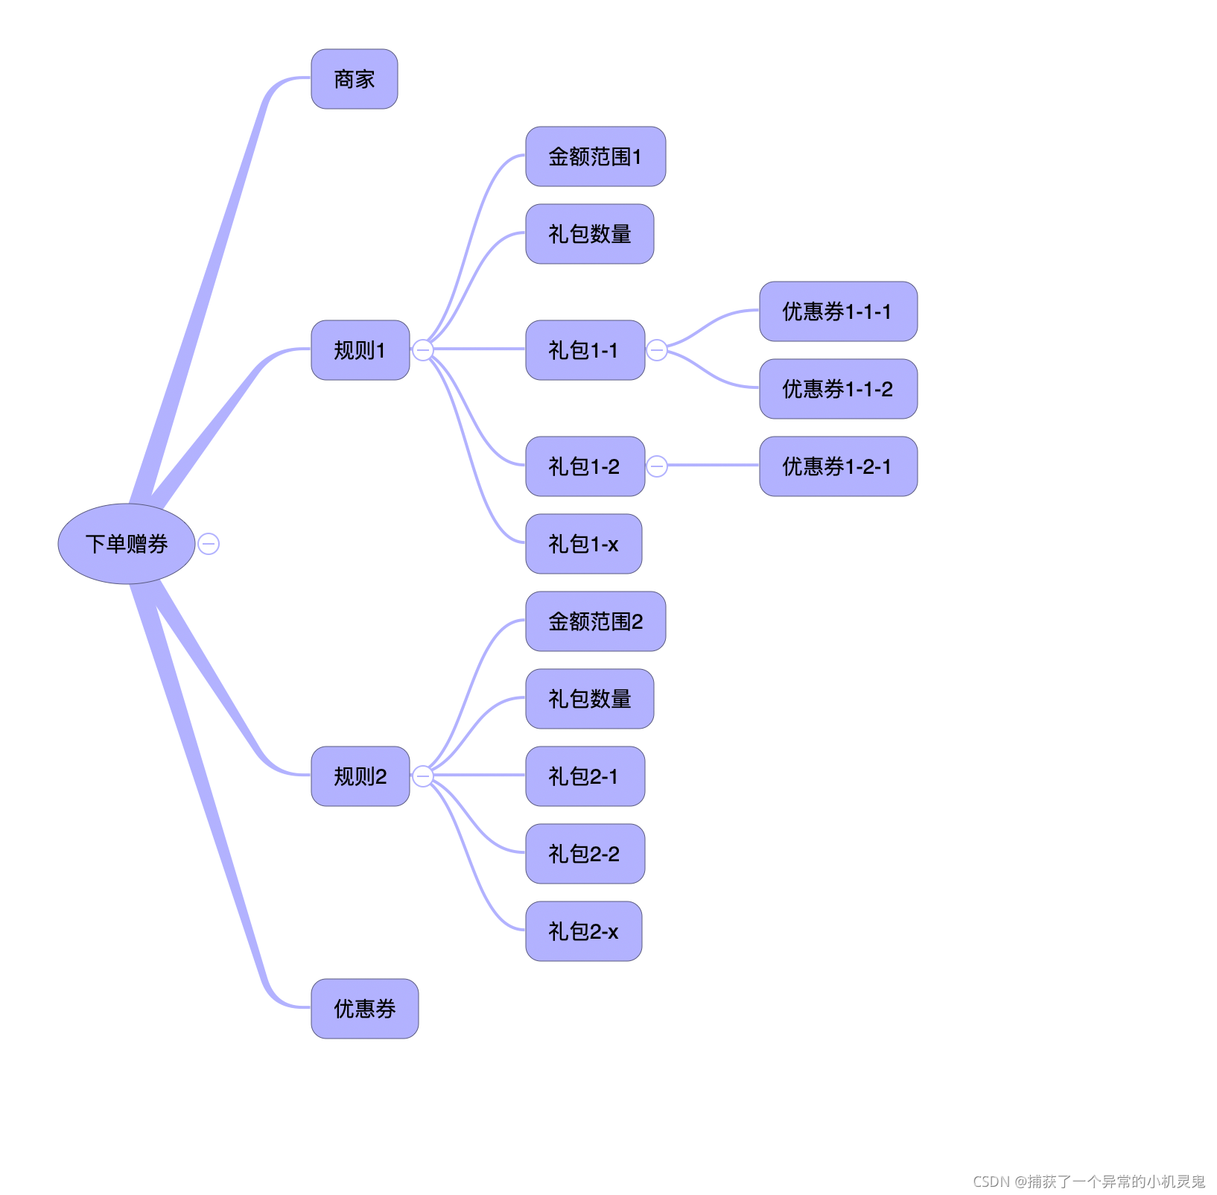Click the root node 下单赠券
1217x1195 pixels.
pos(127,544)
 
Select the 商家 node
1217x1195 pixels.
pos(355,79)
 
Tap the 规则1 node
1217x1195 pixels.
pos(360,350)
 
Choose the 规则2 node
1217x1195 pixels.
pos(360,776)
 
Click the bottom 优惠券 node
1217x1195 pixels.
pos(365,1009)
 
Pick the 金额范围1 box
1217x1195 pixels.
pos(596,156)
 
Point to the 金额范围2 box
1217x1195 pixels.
pos(596,621)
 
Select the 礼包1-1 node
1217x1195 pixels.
pos(585,350)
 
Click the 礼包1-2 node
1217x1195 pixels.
pos(585,466)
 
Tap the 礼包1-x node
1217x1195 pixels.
pos(584,544)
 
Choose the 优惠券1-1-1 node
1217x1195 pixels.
pos(839,311)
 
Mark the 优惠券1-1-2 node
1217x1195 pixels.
pos(839,389)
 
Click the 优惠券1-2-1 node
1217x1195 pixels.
pos(839,466)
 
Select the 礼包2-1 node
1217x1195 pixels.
pos(585,776)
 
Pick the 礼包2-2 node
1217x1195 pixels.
pos(585,854)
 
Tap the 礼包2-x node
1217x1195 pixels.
pos(584,931)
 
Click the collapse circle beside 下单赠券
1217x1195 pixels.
pos(209,544)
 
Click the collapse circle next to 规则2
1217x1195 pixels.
pos(423,776)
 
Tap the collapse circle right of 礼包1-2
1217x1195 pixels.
pos(657,466)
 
